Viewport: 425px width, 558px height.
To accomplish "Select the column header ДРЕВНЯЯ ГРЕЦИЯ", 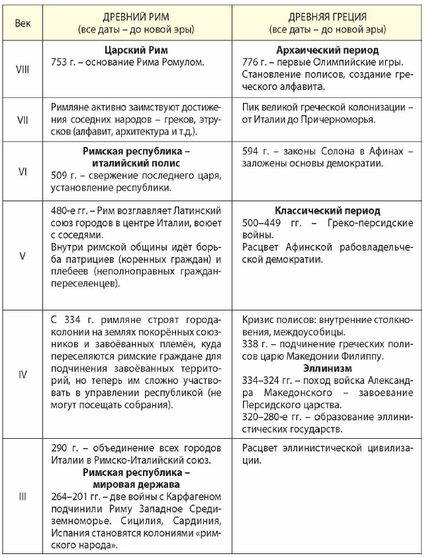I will pyautogui.click(x=328, y=17).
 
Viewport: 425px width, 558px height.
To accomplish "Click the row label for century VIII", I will pyautogui.click(x=23, y=69).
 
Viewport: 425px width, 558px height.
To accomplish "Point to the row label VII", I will pyautogui.click(x=23, y=120).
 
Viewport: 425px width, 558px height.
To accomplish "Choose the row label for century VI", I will pyautogui.click(x=23, y=170).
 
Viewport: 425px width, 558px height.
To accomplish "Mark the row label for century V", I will pyautogui.click(x=23, y=255).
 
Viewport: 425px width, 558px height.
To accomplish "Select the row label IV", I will pyautogui.click(x=23, y=374).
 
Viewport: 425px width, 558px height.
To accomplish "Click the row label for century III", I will pyautogui.click(x=23, y=496).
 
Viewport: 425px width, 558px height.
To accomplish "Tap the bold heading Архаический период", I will pyautogui.click(x=328, y=50).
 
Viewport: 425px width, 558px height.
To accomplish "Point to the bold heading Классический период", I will pyautogui.click(x=328, y=210).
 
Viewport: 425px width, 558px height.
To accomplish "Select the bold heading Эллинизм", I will pyautogui.click(x=328, y=368).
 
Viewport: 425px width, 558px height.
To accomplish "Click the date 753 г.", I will pyautogui.click(x=65, y=62).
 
